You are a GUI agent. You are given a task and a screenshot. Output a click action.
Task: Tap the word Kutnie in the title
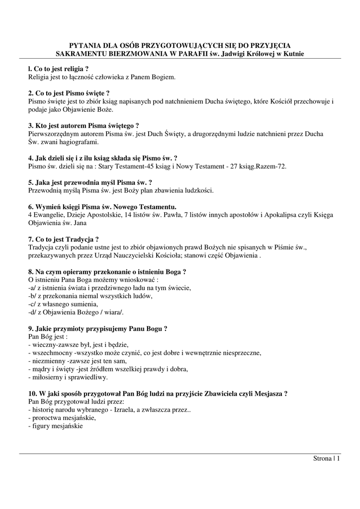click(x=292, y=53)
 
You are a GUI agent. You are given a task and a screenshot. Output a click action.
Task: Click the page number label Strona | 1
click(x=326, y=458)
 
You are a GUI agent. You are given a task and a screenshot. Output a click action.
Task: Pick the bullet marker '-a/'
click(x=33, y=287)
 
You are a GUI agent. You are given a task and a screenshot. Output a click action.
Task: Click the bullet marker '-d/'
click(x=33, y=312)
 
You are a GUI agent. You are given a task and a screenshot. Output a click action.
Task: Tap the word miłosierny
click(x=48, y=377)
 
